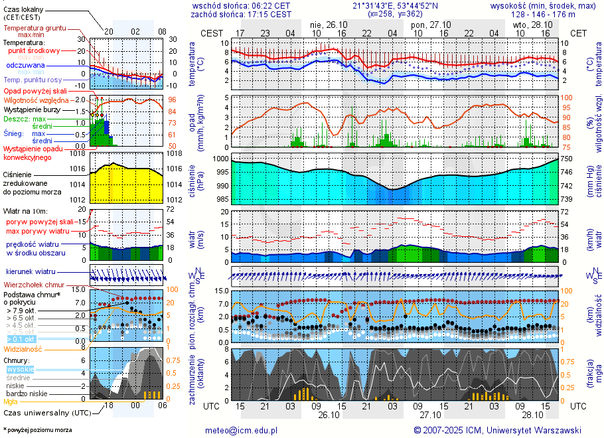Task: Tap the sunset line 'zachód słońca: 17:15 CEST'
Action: [240, 14]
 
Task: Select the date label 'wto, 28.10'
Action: [532, 25]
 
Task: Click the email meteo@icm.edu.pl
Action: [241, 430]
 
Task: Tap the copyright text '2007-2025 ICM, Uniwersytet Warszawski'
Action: [502, 430]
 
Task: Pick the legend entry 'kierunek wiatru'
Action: [31, 272]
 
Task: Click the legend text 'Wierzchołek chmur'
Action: [34, 285]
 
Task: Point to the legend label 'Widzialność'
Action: [23, 348]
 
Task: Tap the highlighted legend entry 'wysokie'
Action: [20, 369]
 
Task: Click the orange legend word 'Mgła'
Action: [11, 402]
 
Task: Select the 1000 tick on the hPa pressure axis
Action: [221, 159]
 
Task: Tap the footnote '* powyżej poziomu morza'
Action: [37, 430]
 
